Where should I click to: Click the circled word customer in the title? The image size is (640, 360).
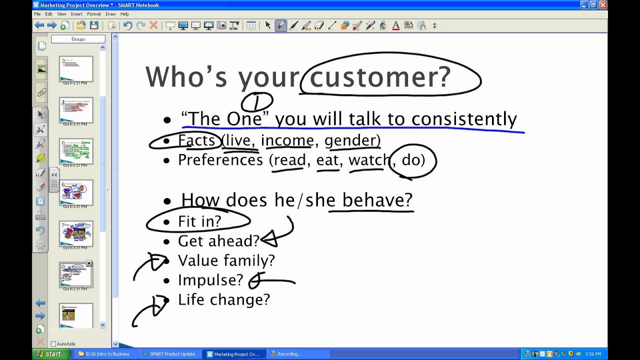(380, 77)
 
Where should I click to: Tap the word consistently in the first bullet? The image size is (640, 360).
(464, 119)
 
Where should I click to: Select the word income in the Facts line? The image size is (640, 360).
(287, 140)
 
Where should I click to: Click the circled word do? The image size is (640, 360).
(413, 160)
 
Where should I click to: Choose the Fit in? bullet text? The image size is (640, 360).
(199, 221)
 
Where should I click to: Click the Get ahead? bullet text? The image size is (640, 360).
(218, 241)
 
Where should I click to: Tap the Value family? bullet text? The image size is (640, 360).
(226, 260)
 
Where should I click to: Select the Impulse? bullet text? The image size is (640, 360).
(210, 280)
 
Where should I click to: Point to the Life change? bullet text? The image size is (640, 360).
(223, 299)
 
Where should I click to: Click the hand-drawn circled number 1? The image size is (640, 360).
(257, 102)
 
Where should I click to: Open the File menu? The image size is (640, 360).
(37, 14)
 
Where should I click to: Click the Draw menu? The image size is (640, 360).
(110, 14)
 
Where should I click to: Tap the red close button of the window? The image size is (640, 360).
(602, 5)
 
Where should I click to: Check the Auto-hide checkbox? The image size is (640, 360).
(53, 344)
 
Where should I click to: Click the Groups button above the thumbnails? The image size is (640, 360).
(78, 39)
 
